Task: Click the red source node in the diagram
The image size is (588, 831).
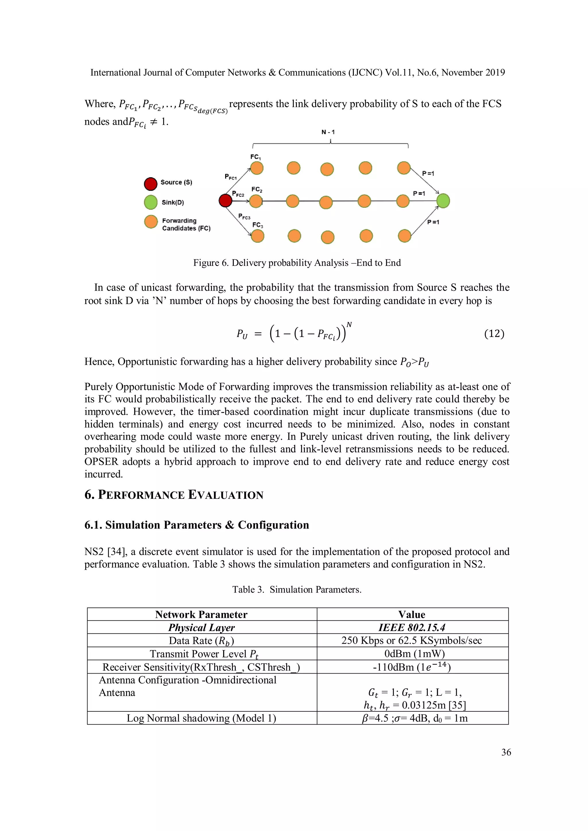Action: (x=225, y=201)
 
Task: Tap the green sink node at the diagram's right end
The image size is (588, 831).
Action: (x=443, y=201)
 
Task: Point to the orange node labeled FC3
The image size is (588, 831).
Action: (x=258, y=236)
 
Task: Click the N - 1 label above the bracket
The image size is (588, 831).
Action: (x=328, y=132)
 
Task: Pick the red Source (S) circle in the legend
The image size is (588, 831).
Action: (x=151, y=184)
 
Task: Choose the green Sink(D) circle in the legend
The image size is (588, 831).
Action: (x=151, y=202)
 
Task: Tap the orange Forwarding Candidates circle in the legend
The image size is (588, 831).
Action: (x=151, y=221)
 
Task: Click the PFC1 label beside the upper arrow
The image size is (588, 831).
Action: (x=231, y=177)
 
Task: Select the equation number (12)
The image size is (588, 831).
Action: (x=494, y=333)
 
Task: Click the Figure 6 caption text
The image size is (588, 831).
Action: (x=297, y=263)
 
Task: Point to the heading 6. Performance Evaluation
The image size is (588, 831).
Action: (x=174, y=495)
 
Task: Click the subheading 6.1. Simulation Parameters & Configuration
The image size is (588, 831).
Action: (x=197, y=525)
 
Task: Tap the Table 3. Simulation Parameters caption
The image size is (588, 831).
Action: (x=297, y=589)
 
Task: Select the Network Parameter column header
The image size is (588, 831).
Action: (x=202, y=614)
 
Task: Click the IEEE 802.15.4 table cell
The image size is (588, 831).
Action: (x=412, y=628)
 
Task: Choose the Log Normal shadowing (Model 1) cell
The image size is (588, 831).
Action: (x=202, y=718)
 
